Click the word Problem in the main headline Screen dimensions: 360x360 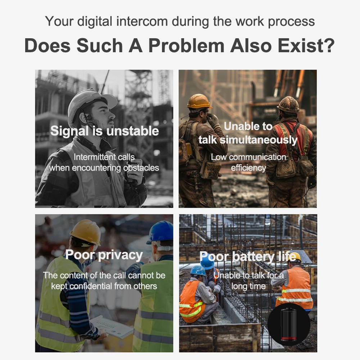tap(186, 45)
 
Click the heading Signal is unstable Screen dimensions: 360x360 tap(104, 131)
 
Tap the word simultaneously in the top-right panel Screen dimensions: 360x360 tap(258, 140)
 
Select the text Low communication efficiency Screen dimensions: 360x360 tap(248, 162)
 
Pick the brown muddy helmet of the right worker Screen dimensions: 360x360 tap(289, 104)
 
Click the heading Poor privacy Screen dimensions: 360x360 tap(104, 255)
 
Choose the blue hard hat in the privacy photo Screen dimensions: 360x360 tap(160, 232)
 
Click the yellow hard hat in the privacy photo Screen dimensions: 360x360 tap(86, 232)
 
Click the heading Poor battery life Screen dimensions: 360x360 tap(248, 257)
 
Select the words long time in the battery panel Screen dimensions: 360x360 tap(248, 286)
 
